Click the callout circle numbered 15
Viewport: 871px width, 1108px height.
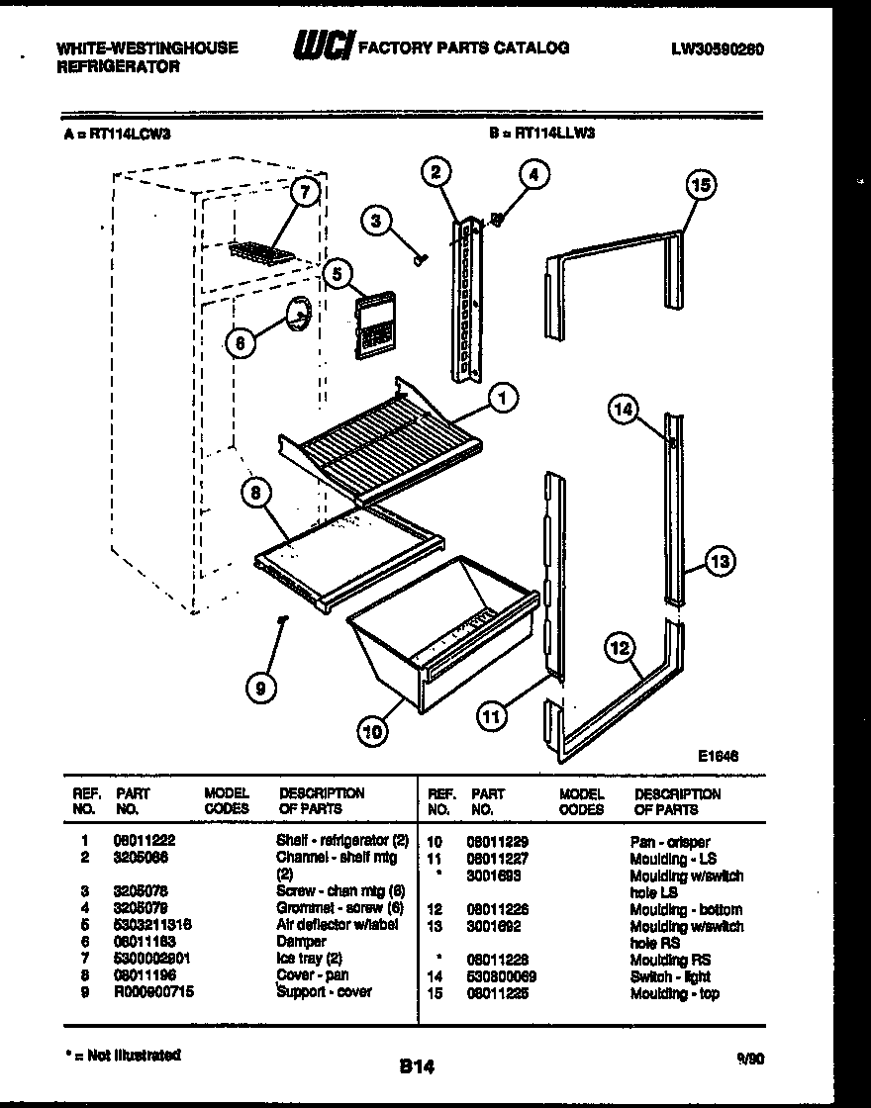pos(701,185)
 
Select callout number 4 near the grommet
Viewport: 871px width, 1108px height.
pos(533,175)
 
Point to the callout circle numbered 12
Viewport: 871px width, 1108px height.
pos(620,649)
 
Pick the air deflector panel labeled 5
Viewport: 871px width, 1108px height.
pos(372,322)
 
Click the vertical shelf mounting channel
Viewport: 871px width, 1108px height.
pos(466,297)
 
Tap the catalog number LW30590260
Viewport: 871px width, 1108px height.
pos(716,48)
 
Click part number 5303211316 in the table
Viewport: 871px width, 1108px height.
pos(152,924)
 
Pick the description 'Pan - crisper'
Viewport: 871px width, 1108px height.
pos(669,842)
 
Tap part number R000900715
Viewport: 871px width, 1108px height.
pos(153,992)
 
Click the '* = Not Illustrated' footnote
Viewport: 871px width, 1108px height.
pos(121,1056)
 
